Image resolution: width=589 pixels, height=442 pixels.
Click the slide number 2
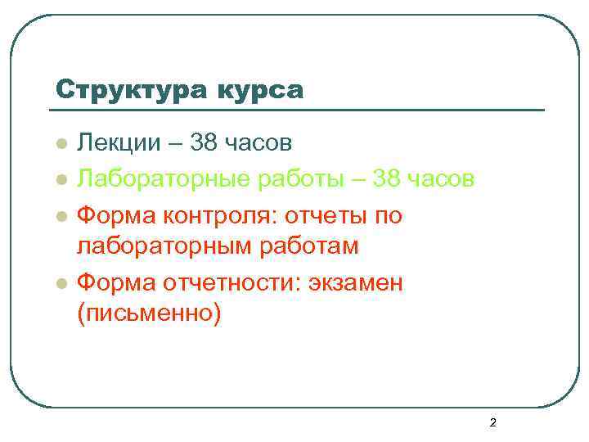pos(492,423)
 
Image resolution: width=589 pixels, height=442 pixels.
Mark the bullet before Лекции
pos(60,146)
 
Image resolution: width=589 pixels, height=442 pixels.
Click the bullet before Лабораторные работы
pos(60,180)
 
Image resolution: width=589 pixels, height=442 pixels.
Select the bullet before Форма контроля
pos(60,216)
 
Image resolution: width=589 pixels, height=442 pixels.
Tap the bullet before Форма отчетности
pos(60,284)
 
